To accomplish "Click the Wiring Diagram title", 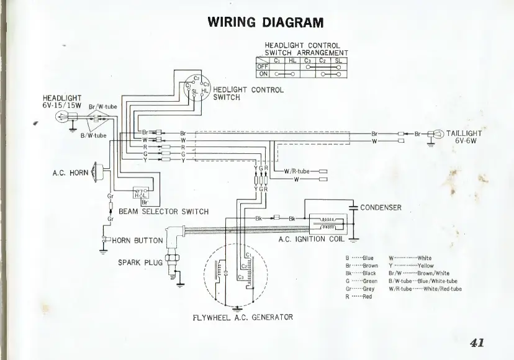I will pyautogui.click(x=266, y=22).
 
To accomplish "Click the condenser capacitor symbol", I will pyautogui.click(x=353, y=207).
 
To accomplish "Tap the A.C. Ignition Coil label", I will pyautogui.click(x=310, y=239).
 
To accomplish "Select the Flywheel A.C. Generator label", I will pyautogui.click(x=243, y=317).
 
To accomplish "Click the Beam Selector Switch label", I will pyautogui.click(x=164, y=212).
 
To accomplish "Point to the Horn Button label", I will pyautogui.click(x=137, y=240).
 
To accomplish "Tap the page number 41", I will pyautogui.click(x=477, y=342).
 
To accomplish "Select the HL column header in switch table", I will pyautogui.click(x=292, y=60).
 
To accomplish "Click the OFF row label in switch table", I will pyautogui.click(x=262, y=67).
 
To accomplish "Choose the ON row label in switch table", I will pyautogui.click(x=262, y=74).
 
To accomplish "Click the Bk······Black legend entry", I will pyautogui.click(x=361, y=273).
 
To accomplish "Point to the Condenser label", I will pyautogui.click(x=381, y=207).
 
